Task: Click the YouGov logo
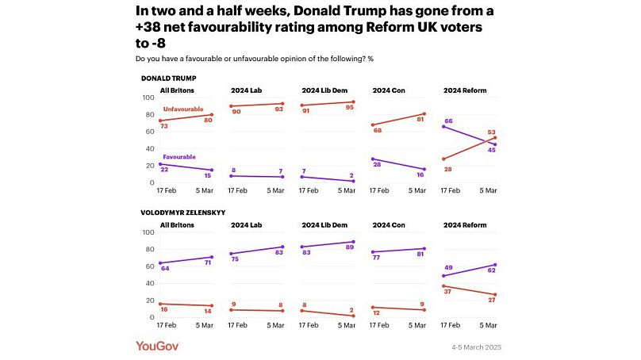pos(159,346)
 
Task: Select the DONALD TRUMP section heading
pos(168,79)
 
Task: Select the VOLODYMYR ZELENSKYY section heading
pos(182,213)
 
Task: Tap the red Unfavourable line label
pos(185,109)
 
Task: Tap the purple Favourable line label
pos(179,157)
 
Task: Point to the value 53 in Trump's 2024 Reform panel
pos(492,132)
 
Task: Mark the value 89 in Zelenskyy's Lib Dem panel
pos(350,248)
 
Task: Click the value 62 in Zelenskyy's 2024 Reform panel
pos(492,271)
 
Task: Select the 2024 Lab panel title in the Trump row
pos(246,90)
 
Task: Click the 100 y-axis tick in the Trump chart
pos(147,98)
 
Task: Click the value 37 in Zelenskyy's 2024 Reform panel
pos(447,292)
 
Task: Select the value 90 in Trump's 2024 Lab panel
pos(236,112)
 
